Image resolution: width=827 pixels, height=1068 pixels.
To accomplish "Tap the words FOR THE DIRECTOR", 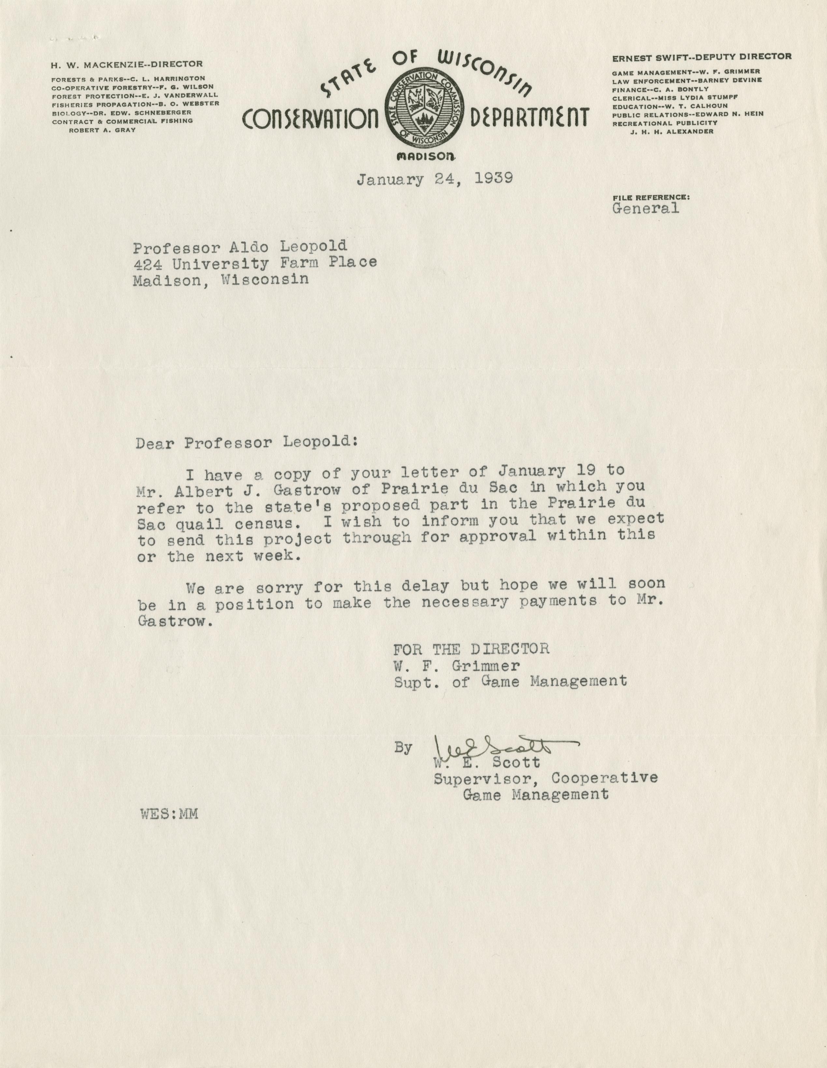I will [x=471, y=649].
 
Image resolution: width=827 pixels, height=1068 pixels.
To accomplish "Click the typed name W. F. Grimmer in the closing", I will [x=457, y=666].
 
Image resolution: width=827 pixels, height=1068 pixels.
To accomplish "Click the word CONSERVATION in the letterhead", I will [x=310, y=119].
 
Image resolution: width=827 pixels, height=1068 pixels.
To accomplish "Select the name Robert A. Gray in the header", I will [x=102, y=130].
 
